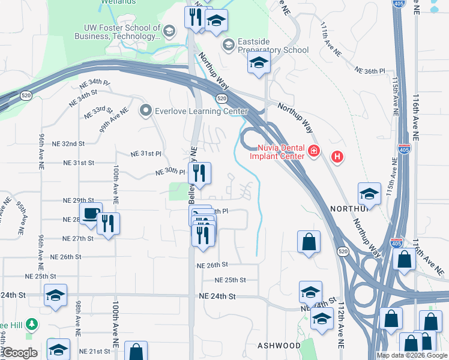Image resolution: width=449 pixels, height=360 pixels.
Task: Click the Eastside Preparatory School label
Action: click(x=273, y=50)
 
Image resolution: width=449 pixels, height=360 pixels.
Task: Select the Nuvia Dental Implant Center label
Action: click(x=283, y=153)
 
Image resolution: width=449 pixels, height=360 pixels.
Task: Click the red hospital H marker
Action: click(x=337, y=157)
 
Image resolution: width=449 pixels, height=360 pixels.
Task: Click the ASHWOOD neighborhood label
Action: click(x=279, y=346)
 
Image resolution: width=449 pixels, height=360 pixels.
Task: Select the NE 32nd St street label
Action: click(x=69, y=144)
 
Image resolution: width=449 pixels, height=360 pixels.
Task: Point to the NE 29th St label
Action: click(x=79, y=200)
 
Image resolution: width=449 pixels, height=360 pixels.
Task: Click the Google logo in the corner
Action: click(x=19, y=353)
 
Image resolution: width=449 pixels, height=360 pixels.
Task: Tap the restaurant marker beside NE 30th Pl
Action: click(x=199, y=173)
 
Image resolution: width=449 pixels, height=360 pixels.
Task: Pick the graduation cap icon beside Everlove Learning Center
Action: click(x=145, y=111)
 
